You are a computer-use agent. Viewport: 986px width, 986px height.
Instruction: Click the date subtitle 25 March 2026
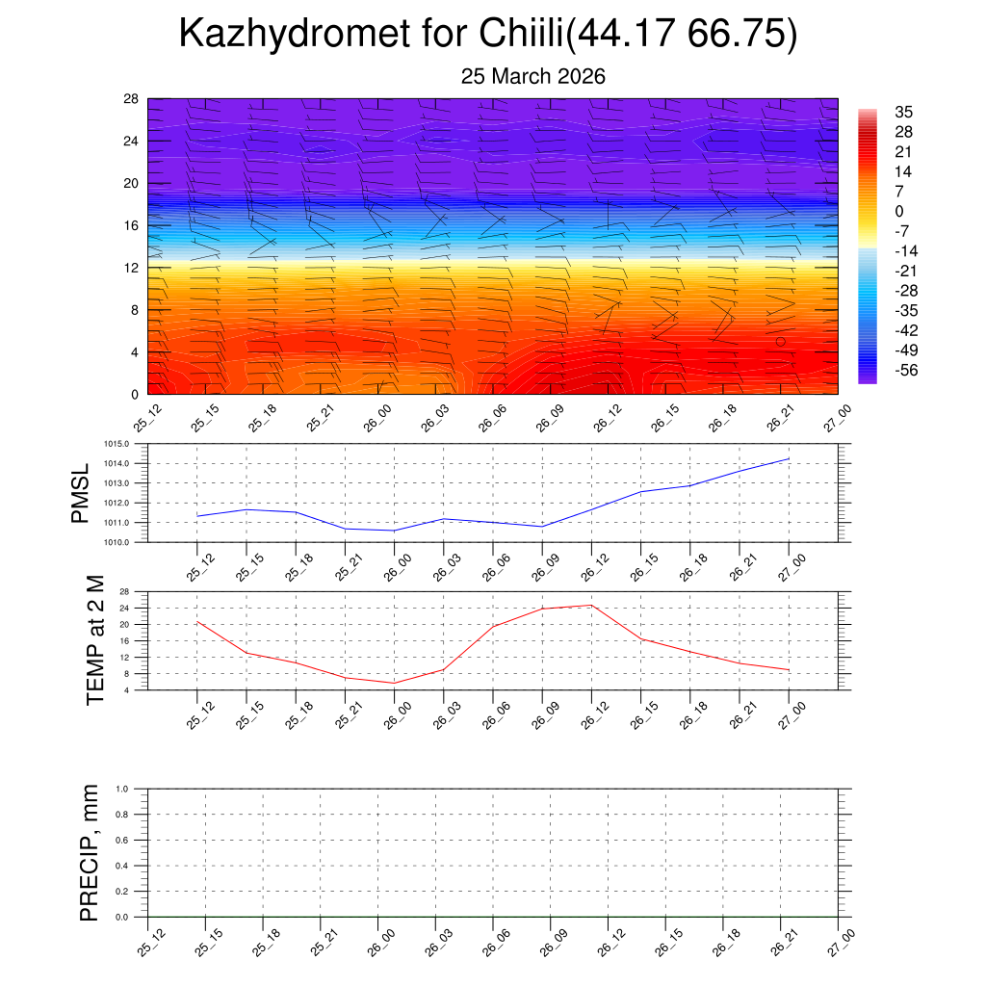tap(533, 77)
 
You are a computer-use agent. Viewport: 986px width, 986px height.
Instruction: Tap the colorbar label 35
tap(903, 112)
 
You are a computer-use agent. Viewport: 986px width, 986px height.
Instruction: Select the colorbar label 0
tap(899, 211)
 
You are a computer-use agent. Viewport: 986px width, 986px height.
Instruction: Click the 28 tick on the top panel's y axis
tap(132, 98)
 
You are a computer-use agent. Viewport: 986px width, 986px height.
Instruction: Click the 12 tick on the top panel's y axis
tap(132, 268)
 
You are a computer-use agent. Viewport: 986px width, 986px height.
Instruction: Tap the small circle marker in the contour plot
tap(781, 342)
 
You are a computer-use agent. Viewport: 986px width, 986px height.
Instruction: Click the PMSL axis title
tap(80, 494)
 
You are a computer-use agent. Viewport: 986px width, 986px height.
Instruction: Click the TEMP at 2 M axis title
tap(95, 640)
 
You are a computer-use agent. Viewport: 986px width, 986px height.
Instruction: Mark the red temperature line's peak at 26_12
tap(590, 605)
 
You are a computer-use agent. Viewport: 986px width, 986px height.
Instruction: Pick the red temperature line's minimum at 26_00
tap(394, 683)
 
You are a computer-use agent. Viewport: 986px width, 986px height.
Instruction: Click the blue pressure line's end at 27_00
tap(789, 458)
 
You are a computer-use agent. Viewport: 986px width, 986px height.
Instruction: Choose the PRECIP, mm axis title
tap(90, 853)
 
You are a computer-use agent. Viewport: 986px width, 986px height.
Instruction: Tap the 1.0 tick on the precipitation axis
tap(122, 789)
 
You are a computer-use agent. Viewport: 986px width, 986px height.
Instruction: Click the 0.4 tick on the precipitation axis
tap(122, 866)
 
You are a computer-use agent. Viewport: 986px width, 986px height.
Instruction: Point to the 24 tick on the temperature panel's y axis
tap(125, 609)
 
